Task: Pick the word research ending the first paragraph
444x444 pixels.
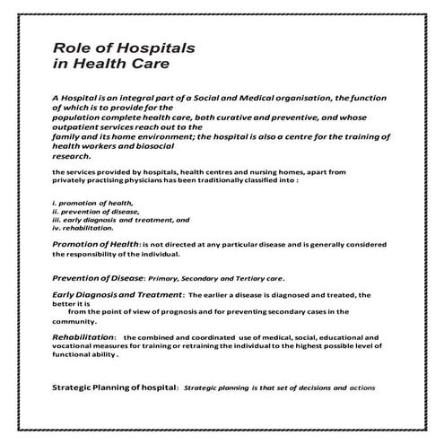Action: pyautogui.click(x=74, y=153)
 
